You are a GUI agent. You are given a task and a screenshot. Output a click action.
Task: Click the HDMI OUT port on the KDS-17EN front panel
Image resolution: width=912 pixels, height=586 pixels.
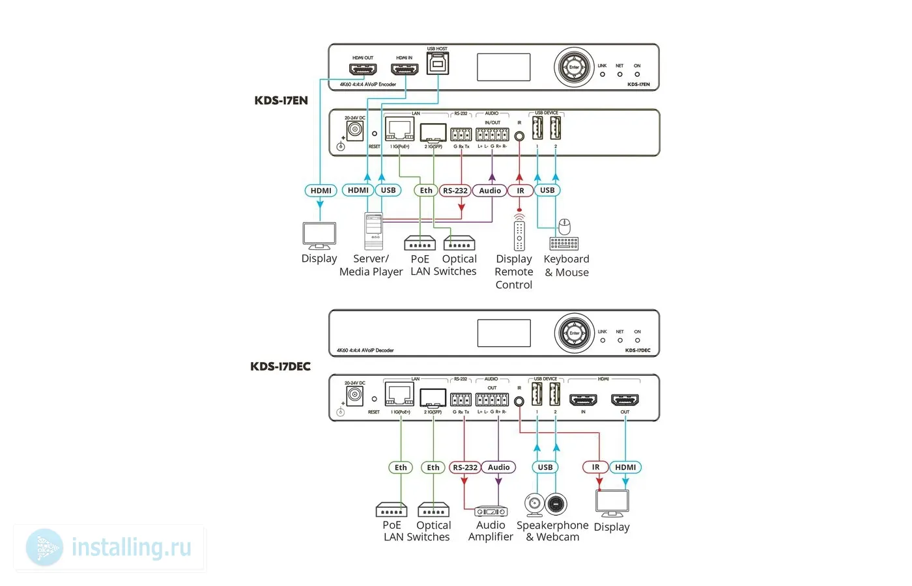pos(363,69)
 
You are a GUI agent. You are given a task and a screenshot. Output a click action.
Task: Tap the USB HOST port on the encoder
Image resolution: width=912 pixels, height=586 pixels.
pos(437,64)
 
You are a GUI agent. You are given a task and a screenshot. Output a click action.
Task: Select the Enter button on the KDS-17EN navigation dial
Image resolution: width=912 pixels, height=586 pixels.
pos(574,67)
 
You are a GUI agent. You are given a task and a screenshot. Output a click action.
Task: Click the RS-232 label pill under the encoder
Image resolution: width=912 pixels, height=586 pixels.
pos(455,191)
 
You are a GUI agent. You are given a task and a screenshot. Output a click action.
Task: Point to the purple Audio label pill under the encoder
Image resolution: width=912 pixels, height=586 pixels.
pos(491,191)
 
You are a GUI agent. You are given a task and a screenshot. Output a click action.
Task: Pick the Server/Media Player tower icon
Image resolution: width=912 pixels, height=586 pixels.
pos(374,231)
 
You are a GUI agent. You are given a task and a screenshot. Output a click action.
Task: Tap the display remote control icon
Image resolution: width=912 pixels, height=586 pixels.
pos(519,235)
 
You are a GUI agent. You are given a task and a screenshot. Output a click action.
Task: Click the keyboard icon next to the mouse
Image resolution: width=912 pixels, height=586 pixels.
pos(564,244)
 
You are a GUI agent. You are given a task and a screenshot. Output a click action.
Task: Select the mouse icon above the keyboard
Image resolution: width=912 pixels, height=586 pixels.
pos(565,227)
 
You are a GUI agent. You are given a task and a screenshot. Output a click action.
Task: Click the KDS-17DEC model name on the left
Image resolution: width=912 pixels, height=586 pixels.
pos(281,366)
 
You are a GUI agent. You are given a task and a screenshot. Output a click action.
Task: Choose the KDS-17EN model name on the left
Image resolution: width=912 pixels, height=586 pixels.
pos(281,100)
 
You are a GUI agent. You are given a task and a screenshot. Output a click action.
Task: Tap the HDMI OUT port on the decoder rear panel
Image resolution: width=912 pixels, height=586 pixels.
pos(625,400)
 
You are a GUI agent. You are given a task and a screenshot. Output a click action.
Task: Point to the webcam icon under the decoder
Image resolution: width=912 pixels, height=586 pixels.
pos(534,505)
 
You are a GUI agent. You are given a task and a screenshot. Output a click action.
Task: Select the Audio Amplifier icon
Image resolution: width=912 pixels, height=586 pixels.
pos(491,512)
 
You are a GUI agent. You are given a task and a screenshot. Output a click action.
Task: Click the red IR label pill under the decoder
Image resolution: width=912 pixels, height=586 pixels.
pos(595,467)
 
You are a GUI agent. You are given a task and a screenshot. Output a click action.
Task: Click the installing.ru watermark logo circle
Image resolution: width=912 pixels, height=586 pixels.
pos(45,548)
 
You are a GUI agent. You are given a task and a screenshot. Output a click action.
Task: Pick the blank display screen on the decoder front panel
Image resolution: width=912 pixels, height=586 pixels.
pos(504,333)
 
